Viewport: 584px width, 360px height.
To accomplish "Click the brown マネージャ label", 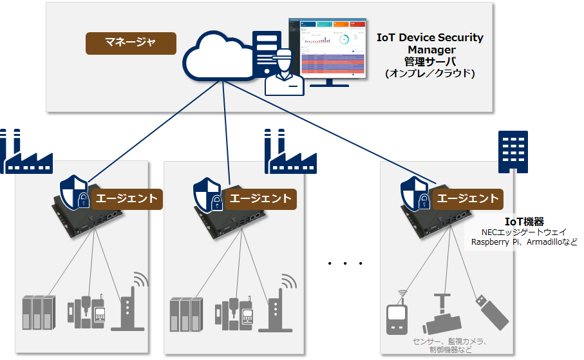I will [131, 43].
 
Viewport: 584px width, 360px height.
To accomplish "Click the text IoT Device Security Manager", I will [430, 43].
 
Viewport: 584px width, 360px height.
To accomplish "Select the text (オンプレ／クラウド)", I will [430, 73].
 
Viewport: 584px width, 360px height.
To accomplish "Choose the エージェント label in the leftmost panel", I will [126, 198].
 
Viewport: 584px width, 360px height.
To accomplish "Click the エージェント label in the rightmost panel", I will [467, 198].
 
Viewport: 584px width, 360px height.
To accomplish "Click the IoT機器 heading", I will [524, 222].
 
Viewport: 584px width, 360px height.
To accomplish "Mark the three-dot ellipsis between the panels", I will [346, 263].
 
